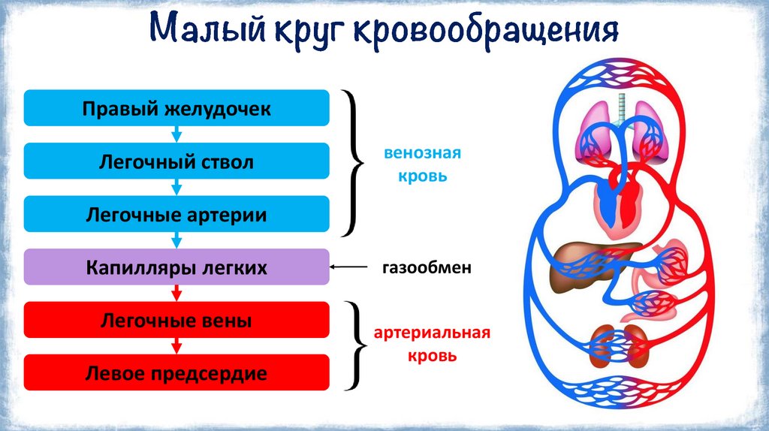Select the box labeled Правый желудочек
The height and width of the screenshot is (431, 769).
pyautogui.click(x=176, y=108)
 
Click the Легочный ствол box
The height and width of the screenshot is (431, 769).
pyautogui.click(x=176, y=161)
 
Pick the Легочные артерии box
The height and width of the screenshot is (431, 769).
pyautogui.click(x=176, y=214)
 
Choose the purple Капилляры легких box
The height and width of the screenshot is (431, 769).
pyautogui.click(x=176, y=267)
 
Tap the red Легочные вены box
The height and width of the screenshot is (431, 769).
pyautogui.click(x=176, y=320)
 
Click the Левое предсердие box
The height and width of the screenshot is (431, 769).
pyautogui.click(x=176, y=372)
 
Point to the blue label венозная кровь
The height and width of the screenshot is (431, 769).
pyautogui.click(x=421, y=165)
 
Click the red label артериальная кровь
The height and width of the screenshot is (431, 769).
pyautogui.click(x=421, y=343)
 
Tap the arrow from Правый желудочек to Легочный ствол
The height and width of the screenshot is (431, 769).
pyautogui.click(x=176, y=134)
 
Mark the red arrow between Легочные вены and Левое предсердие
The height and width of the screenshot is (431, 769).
pyautogui.click(x=176, y=346)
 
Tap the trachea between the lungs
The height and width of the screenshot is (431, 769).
pyautogui.click(x=621, y=109)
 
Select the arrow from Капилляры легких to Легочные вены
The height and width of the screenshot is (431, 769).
pyautogui.click(x=176, y=294)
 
